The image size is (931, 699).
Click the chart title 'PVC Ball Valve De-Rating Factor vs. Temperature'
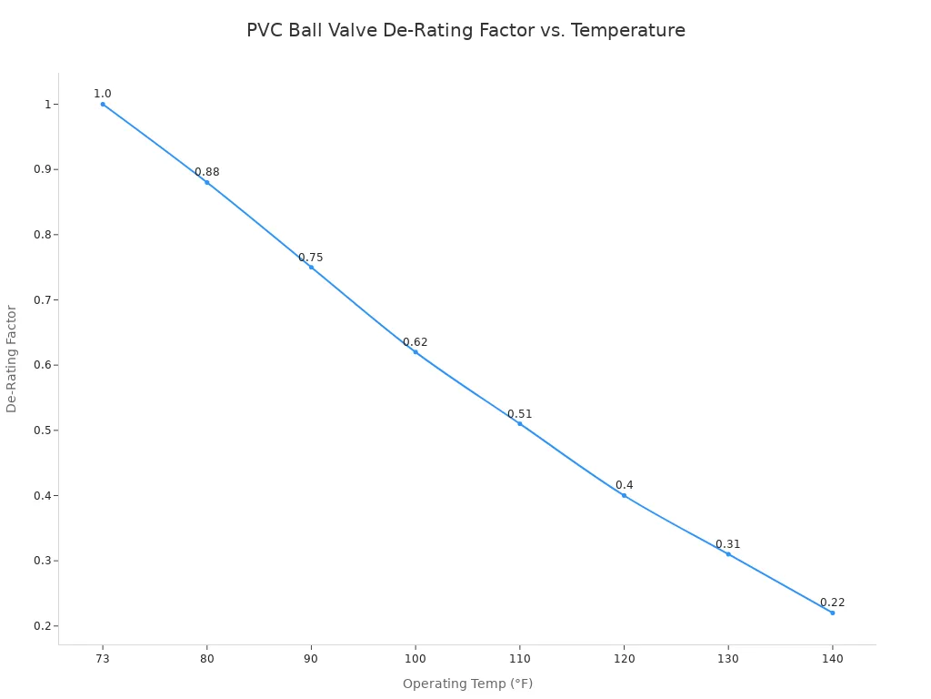click(x=465, y=31)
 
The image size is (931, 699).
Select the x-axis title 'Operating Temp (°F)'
click(x=467, y=684)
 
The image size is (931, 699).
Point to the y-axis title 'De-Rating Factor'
click(x=12, y=359)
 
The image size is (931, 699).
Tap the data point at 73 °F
click(x=103, y=104)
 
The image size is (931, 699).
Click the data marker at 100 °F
click(x=415, y=352)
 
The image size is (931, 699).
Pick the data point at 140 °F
click(x=832, y=613)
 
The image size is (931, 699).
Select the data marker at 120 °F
click(x=624, y=495)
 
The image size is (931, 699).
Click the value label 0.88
click(x=206, y=172)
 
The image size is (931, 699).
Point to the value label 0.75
click(x=311, y=258)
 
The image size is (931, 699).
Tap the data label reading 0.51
click(x=519, y=414)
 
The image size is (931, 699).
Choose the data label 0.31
click(x=727, y=544)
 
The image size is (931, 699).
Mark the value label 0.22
click(x=832, y=603)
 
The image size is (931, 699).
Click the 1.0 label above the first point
click(x=103, y=94)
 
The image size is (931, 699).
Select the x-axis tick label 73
click(x=103, y=658)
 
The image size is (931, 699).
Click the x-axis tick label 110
click(x=519, y=658)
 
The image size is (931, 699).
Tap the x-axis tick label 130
click(x=727, y=658)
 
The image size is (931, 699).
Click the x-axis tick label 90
click(x=311, y=658)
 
